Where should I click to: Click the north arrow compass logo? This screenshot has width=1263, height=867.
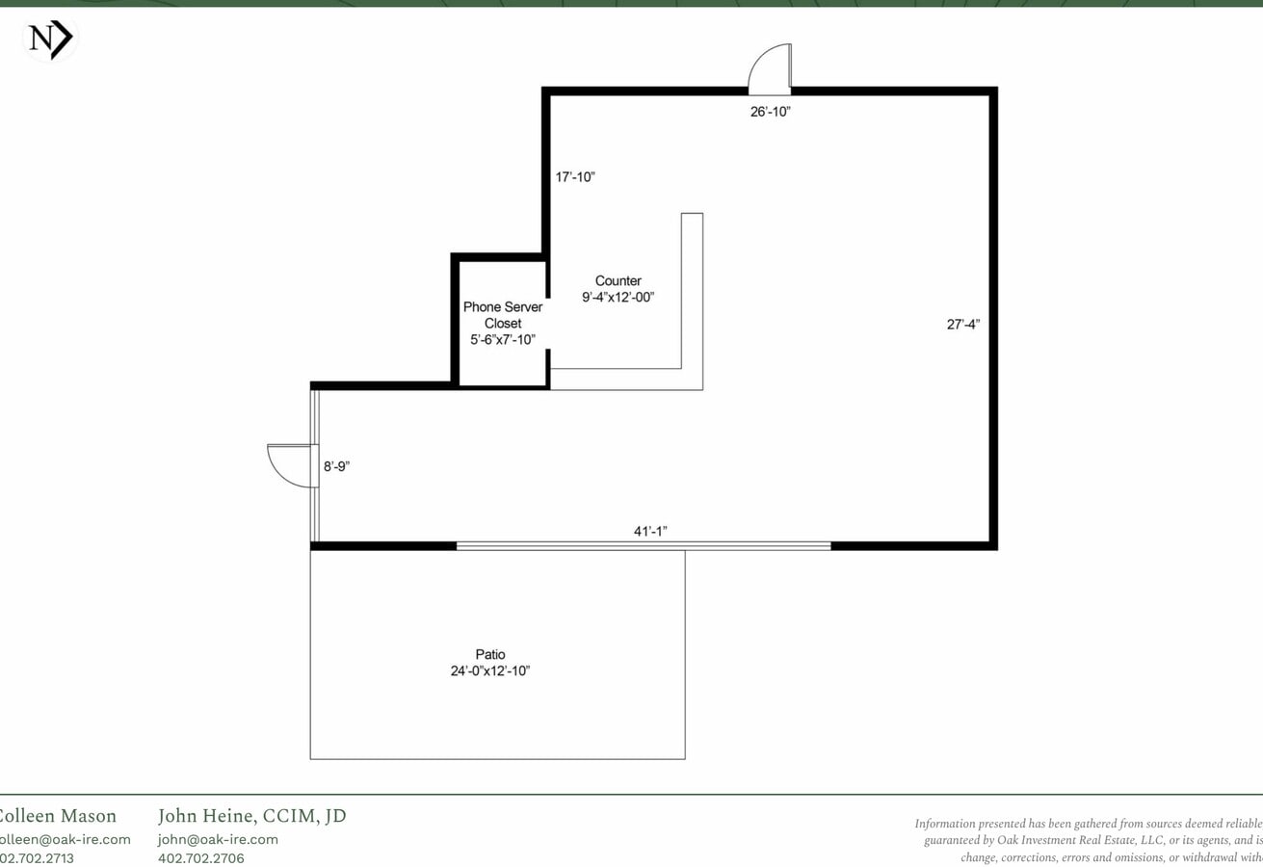(x=49, y=39)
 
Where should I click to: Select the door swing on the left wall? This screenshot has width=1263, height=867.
(x=293, y=465)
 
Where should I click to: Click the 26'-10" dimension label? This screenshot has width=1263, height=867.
(x=771, y=112)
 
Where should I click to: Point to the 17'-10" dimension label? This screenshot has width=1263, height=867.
(x=575, y=177)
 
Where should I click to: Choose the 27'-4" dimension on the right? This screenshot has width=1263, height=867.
(x=962, y=325)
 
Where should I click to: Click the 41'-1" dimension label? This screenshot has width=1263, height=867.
(x=650, y=531)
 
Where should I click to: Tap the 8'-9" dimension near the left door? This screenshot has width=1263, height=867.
(x=336, y=466)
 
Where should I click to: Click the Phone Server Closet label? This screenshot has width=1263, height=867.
(x=503, y=315)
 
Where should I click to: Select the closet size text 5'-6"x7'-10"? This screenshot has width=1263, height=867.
(x=503, y=339)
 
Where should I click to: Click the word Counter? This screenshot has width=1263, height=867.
(x=618, y=281)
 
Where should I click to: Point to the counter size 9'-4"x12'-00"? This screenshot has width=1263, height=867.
(x=618, y=298)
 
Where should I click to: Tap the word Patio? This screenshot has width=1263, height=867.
(x=489, y=655)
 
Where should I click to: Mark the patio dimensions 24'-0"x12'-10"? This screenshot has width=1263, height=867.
(x=489, y=671)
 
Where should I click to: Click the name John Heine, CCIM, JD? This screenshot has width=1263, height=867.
(x=251, y=817)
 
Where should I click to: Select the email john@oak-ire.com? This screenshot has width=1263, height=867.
(x=218, y=839)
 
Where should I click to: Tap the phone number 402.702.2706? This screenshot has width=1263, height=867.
(x=201, y=857)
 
